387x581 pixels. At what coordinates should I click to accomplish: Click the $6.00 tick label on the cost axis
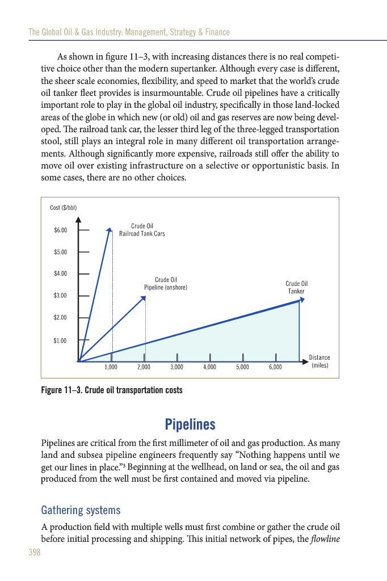tap(60, 230)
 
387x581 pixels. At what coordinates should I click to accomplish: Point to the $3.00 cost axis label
tap(60, 296)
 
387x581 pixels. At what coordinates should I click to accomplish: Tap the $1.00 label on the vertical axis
tap(60, 340)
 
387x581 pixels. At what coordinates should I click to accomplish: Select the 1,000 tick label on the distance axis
tap(111, 368)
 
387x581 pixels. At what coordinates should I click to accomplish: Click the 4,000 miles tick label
tap(210, 368)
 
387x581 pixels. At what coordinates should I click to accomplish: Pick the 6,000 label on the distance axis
tap(275, 368)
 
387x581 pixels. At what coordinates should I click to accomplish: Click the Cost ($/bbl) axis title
tap(63, 207)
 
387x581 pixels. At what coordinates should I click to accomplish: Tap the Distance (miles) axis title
tap(319, 361)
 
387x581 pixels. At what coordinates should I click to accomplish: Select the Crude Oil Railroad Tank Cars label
tap(142, 230)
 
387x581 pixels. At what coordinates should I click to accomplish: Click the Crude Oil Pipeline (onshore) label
tap(166, 284)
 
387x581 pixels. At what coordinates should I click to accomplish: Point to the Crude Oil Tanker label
tap(296, 287)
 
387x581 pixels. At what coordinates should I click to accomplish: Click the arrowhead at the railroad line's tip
tap(110, 230)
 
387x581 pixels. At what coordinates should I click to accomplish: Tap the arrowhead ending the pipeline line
tap(143, 298)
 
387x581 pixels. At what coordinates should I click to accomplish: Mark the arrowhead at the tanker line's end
tap(301, 300)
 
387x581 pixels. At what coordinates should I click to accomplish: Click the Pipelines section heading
tap(190, 424)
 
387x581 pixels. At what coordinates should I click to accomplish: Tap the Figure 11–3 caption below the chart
tap(112, 391)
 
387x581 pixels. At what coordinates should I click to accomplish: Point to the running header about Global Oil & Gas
tap(129, 32)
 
